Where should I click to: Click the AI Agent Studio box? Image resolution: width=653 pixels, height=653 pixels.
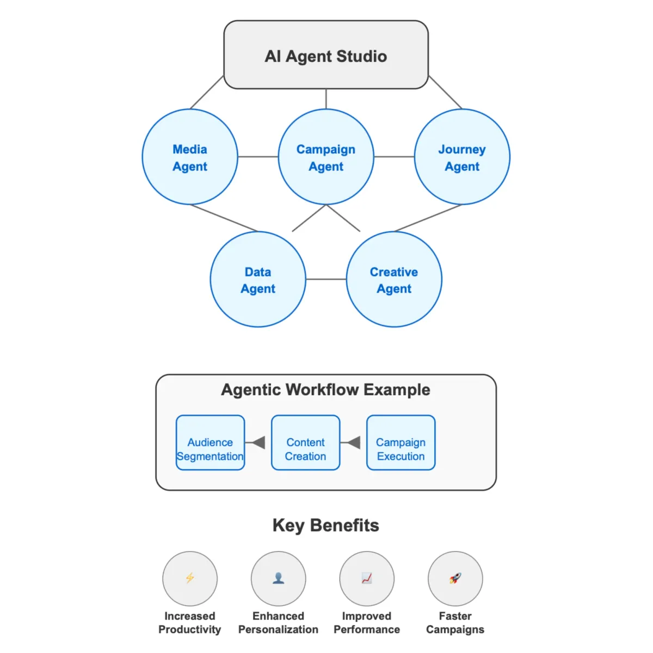coord(326,55)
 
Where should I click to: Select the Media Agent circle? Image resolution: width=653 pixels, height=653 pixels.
coord(190,157)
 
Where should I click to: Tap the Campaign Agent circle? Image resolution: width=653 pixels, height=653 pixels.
coord(326,157)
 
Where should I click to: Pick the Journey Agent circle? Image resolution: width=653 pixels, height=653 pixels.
coord(462,157)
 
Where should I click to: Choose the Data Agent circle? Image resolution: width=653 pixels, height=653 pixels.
coord(258,280)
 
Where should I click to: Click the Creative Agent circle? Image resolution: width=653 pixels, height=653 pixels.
coord(394,280)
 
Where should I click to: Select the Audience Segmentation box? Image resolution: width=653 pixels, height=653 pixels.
coord(210,443)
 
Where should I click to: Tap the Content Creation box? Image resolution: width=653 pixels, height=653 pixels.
coord(305,443)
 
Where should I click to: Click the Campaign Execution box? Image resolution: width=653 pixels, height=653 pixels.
coord(401,443)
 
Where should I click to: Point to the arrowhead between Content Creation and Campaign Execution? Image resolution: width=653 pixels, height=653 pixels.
coord(354,442)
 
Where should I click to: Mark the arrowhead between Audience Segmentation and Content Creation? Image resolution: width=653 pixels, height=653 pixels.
coord(258,442)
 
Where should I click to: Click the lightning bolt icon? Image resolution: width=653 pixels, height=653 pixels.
coord(190,578)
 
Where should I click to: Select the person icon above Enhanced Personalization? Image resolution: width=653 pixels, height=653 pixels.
coord(279,578)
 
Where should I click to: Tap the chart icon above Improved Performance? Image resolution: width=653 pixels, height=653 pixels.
coord(367,578)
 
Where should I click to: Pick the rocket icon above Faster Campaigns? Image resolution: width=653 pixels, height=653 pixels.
coord(455,578)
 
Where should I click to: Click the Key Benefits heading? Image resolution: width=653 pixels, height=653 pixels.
coord(326,525)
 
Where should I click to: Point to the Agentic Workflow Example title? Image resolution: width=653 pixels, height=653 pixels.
coord(326,390)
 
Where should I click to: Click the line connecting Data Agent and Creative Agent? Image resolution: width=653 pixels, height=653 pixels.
coord(326,280)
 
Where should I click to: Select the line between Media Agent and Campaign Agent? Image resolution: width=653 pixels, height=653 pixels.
coord(258,157)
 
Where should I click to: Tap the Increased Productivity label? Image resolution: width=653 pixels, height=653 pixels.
coord(190,623)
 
